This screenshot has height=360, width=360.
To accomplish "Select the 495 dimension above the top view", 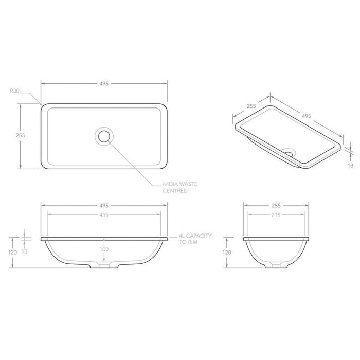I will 104,83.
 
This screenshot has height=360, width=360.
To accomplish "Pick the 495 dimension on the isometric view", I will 306,117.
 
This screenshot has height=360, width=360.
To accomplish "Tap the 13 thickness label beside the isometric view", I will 350,166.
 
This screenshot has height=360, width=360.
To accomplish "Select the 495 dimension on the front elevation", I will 104,205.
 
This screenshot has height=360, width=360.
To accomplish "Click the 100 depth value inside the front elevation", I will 104,249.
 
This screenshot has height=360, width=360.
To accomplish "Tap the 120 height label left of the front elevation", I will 13,253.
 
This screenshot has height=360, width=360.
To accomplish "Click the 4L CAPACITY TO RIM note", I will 195,238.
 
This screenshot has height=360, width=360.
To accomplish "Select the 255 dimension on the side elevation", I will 276,205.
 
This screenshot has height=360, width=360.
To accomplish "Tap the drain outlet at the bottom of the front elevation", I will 104,266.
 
